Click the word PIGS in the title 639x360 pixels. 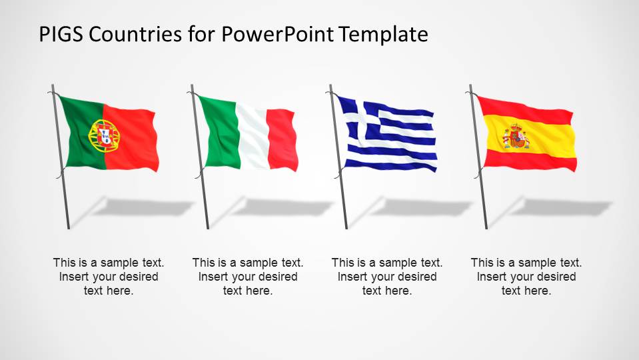click(60, 34)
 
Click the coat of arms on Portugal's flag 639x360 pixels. click(104, 135)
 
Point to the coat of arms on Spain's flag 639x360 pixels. click(516, 137)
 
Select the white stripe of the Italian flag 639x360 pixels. click(251, 138)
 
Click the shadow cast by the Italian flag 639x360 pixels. click(280, 207)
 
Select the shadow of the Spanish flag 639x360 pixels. click(560, 207)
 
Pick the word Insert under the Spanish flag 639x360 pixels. click(492, 277)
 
